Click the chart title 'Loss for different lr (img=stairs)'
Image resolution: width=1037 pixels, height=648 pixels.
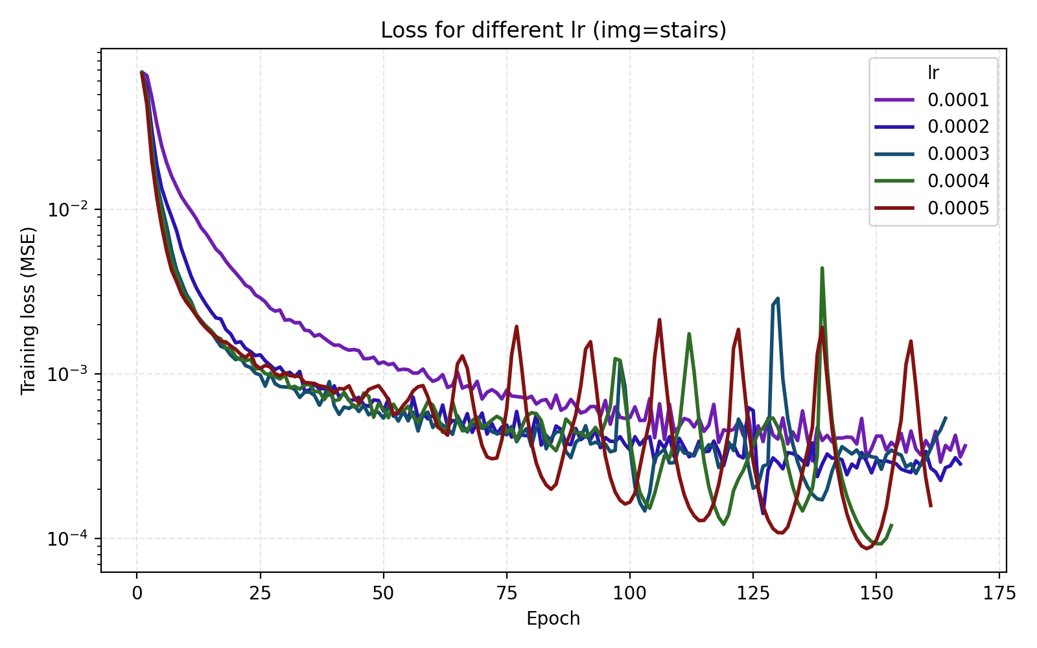[553, 30]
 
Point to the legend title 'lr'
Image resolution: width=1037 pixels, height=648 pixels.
[933, 73]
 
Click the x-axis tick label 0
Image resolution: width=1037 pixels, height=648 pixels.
[137, 594]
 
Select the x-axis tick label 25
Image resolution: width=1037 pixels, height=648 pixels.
[260, 594]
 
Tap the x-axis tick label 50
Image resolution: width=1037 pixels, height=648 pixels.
[383, 594]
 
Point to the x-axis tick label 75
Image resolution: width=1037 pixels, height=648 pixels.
[506, 594]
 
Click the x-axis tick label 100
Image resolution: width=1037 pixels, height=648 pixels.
[629, 594]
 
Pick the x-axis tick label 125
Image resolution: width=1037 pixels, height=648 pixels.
[752, 594]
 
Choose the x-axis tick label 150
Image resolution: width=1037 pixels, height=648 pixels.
[876, 594]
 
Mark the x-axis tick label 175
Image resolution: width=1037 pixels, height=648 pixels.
[999, 594]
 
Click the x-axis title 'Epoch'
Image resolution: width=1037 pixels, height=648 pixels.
[553, 619]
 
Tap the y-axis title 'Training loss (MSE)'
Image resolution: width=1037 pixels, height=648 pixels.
[28, 310]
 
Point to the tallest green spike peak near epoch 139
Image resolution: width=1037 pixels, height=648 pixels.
[822, 268]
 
